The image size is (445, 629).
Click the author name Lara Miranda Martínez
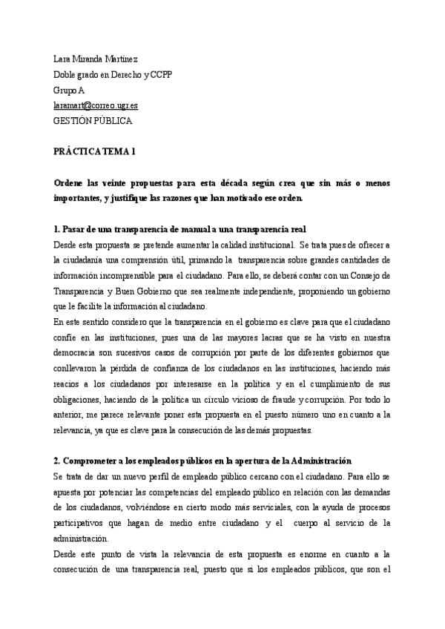(x=96, y=59)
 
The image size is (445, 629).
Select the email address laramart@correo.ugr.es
(x=96, y=105)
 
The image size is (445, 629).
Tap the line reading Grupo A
(x=69, y=90)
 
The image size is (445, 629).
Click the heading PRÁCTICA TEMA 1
(x=94, y=151)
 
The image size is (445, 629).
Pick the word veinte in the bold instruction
(x=119, y=182)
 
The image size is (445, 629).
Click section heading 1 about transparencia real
(x=180, y=229)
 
